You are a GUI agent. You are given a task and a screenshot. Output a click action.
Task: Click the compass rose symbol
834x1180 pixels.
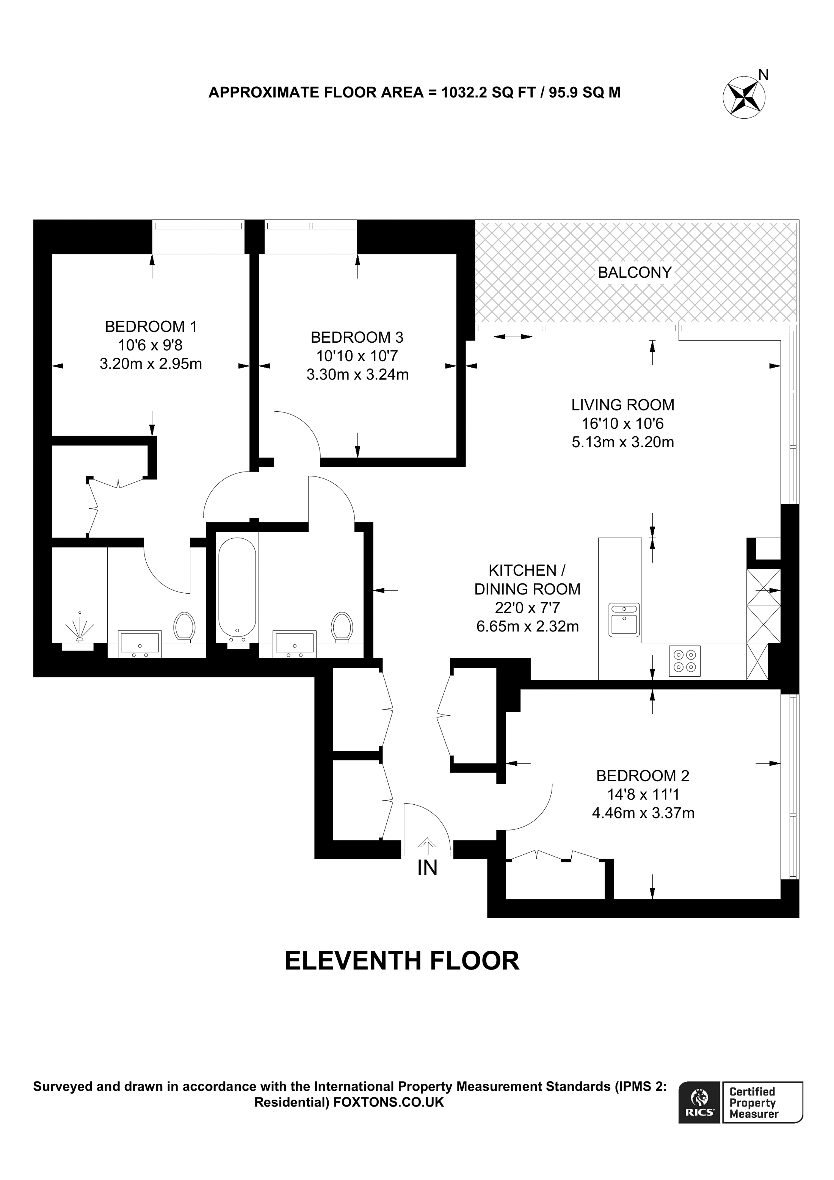[743, 97]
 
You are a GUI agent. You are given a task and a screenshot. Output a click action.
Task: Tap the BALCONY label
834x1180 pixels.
[635, 273]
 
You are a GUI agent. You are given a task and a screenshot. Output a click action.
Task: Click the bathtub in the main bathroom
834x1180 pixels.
[237, 588]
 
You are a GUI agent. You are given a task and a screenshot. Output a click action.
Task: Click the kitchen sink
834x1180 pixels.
[624, 620]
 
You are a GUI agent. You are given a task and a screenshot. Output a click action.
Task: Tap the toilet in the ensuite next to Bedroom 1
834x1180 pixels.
[184, 627]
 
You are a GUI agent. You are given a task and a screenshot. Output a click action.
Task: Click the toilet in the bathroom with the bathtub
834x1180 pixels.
[341, 627]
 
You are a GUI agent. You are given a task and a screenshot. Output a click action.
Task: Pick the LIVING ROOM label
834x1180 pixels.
[622, 405]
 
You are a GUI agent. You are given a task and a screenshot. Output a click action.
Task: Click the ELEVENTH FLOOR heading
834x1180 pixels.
[402, 961]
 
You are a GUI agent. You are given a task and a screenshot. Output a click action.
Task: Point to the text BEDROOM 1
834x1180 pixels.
[150, 326]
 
